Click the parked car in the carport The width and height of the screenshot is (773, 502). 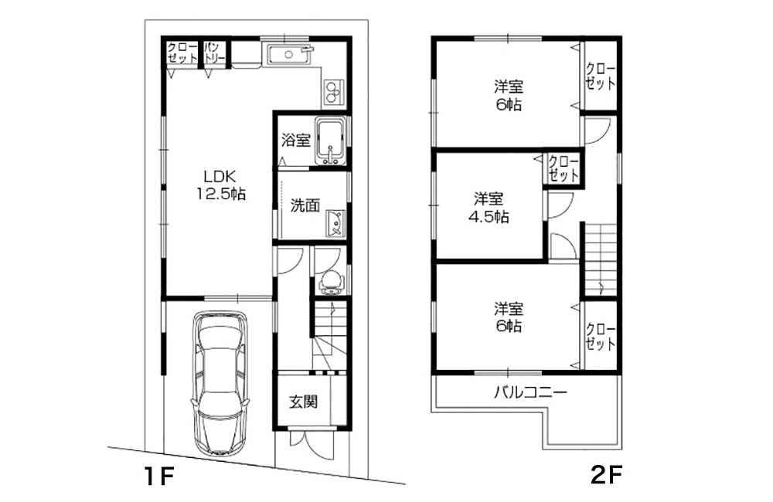tap(220, 382)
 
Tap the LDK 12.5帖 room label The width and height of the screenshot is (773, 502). tap(220, 185)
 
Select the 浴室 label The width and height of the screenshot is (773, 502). tap(296, 141)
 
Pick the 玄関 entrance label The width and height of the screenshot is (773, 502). tap(303, 402)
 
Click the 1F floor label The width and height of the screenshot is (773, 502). tap(158, 476)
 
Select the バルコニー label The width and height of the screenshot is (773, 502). tap(530, 392)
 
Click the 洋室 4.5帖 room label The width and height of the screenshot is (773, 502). tap(489, 208)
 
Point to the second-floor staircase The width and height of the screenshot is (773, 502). tap(601, 259)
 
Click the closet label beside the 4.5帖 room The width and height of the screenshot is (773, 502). tap(564, 168)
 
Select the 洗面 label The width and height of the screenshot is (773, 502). tap(305, 205)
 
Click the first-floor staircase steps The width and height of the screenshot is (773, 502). tap(329, 335)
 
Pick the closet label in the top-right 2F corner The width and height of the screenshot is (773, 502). tap(601, 76)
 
